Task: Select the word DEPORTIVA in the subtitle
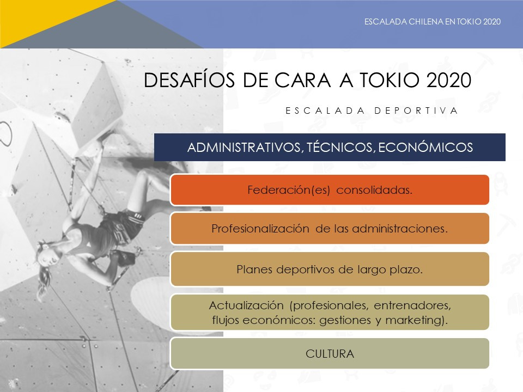point(416,111)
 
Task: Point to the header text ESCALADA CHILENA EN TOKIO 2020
point(433,22)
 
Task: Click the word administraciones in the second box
point(400,229)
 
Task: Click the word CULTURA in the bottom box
point(330,354)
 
